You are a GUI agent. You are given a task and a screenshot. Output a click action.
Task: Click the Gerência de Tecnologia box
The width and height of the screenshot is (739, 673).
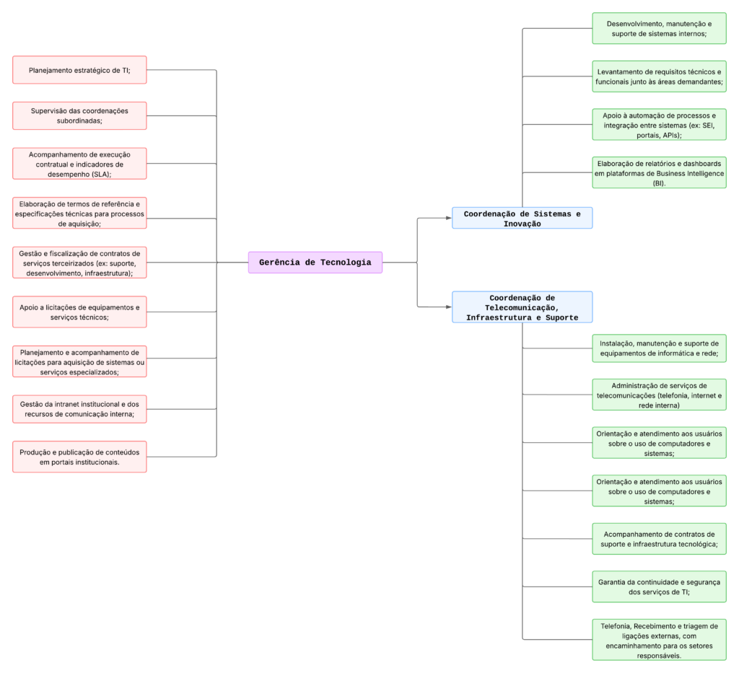(315, 263)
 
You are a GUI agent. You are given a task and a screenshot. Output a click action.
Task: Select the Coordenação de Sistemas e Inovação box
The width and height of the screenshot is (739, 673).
(522, 218)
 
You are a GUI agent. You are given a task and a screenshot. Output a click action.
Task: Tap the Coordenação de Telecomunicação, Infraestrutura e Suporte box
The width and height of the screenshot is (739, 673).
(522, 307)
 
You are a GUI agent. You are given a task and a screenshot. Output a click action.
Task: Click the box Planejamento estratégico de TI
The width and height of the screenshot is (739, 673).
(79, 70)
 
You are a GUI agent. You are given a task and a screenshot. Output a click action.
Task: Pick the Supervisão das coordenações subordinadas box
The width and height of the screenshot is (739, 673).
(79, 115)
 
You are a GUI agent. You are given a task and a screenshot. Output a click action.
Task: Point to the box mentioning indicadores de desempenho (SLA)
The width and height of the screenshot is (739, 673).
(79, 164)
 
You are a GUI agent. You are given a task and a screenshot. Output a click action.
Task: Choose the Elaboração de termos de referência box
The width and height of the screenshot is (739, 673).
(79, 213)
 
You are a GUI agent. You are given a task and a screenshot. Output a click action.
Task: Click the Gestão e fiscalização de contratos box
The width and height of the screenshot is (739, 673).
(79, 263)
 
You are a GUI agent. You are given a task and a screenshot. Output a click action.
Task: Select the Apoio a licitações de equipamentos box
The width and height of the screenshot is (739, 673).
(79, 312)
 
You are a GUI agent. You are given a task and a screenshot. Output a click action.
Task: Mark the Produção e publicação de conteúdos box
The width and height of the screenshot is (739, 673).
(79, 457)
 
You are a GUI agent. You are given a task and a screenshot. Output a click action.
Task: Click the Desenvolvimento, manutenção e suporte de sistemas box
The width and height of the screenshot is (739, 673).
(659, 29)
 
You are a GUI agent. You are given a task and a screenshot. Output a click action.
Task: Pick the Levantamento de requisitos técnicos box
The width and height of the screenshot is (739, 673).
(659, 76)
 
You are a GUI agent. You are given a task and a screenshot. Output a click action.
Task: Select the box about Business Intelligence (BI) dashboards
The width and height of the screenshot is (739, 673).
(659, 173)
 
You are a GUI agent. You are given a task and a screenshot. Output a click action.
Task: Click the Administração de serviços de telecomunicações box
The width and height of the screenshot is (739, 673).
(659, 395)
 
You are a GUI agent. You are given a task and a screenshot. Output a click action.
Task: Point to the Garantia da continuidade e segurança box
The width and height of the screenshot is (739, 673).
(659, 586)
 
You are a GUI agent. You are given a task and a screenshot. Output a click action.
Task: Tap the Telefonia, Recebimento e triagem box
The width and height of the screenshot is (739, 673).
(659, 640)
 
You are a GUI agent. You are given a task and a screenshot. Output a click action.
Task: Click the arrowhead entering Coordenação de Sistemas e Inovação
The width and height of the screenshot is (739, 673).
(447, 217)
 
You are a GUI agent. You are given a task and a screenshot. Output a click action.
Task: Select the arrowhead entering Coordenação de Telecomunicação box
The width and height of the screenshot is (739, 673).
(447, 307)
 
